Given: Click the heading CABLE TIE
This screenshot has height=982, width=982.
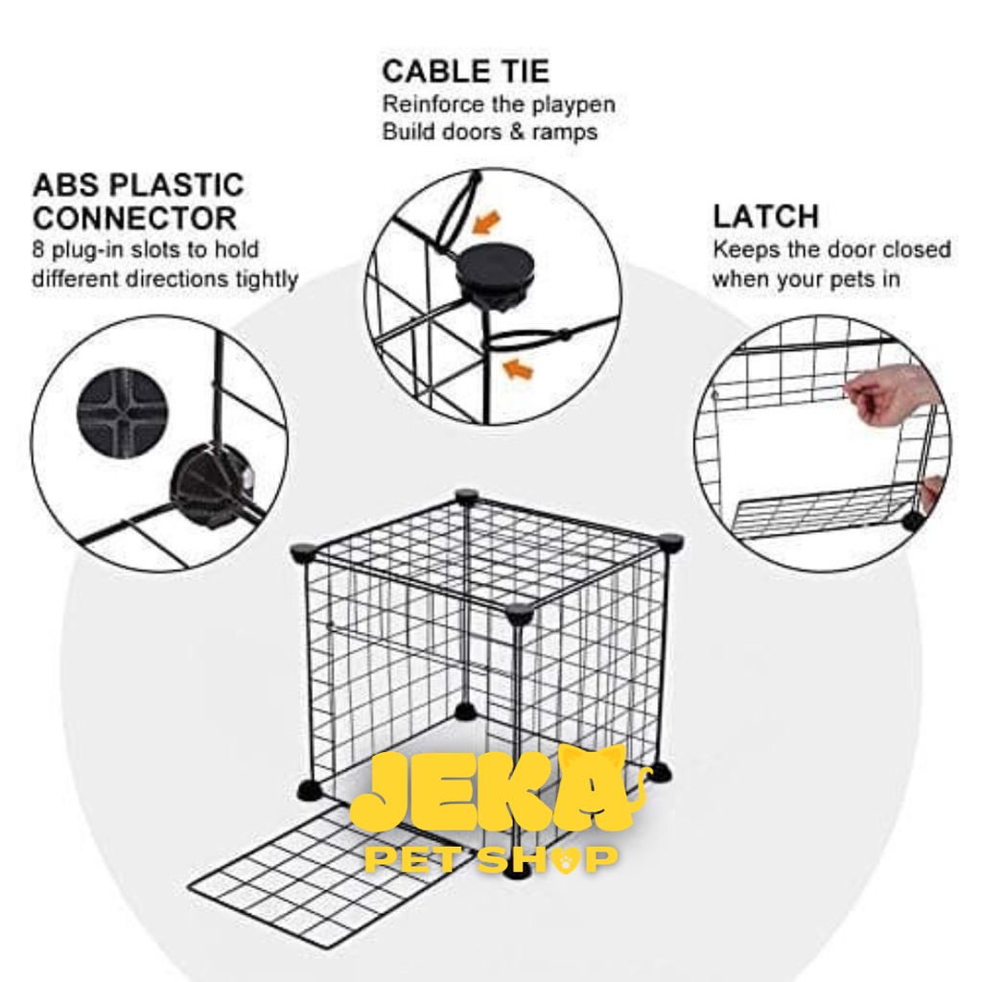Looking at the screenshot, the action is click(x=465, y=71).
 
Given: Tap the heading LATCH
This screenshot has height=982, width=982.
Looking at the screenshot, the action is click(x=766, y=217).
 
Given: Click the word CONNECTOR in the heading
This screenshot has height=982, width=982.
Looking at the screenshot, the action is click(x=134, y=219).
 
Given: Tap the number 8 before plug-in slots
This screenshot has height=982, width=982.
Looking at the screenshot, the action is click(x=38, y=249).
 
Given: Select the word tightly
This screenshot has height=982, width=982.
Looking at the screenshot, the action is click(x=267, y=279).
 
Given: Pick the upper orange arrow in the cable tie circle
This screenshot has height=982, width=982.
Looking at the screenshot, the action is click(x=486, y=222).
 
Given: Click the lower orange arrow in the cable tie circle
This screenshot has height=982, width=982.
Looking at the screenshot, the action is click(x=519, y=369).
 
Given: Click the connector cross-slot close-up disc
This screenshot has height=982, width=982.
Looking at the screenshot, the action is click(x=123, y=412).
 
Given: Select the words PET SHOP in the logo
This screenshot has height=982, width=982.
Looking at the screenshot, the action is click(x=491, y=859).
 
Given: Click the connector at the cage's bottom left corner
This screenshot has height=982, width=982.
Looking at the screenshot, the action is click(x=312, y=790).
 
